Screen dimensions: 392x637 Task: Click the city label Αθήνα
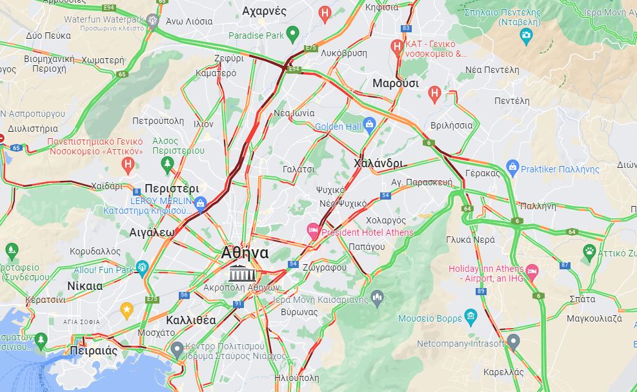click(x=245, y=253)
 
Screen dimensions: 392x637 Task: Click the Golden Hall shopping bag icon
click(x=370, y=124)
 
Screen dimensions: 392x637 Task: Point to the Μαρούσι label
click(x=395, y=83)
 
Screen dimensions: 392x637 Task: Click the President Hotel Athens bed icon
click(x=314, y=231)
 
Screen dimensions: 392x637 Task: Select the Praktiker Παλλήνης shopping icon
click(x=512, y=168)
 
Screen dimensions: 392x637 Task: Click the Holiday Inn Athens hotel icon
click(x=532, y=269)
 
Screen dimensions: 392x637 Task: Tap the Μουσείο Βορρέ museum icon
click(x=470, y=316)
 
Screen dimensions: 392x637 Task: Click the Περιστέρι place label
click(x=172, y=189)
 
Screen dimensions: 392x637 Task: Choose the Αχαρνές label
click(x=264, y=11)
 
